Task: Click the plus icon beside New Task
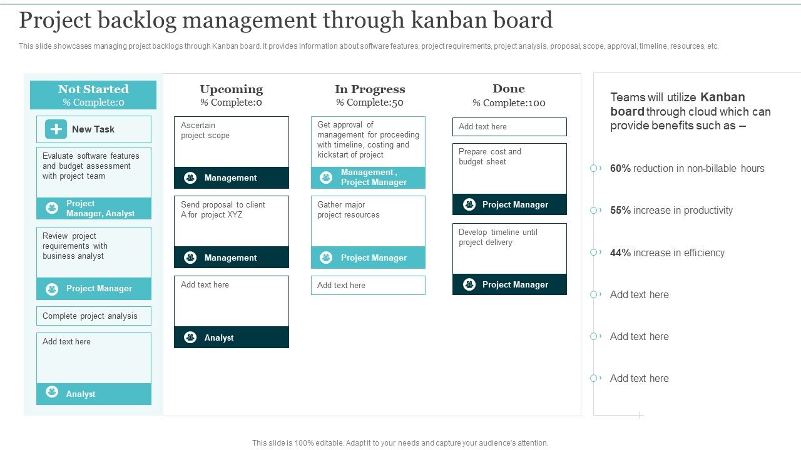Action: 56,129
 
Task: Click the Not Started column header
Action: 93,89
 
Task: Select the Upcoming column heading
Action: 231,89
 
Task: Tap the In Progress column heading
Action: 370,89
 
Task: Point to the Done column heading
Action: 508,89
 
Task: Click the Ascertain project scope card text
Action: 205,131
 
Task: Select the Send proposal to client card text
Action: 223,210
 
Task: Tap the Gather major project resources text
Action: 348,210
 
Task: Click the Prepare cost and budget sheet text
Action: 489,157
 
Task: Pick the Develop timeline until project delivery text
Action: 497,237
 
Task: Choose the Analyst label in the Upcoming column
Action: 218,338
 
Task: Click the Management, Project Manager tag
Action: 374,177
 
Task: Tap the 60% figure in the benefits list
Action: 620,169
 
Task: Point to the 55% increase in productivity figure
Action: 620,211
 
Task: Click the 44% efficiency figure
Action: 620,253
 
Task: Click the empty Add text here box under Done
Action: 509,127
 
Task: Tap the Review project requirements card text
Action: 74,246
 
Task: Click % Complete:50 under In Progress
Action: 369,103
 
